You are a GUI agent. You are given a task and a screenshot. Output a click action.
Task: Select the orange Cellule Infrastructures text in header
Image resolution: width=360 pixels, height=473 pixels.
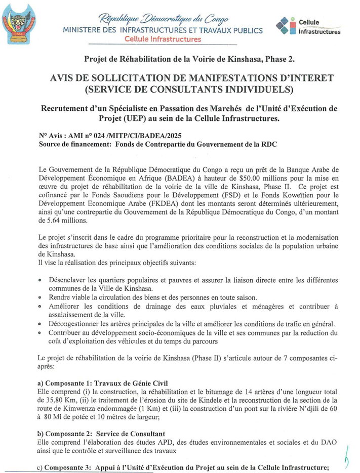163,39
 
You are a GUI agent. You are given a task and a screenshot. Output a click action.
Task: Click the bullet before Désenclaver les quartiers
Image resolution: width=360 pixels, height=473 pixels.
41,280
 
